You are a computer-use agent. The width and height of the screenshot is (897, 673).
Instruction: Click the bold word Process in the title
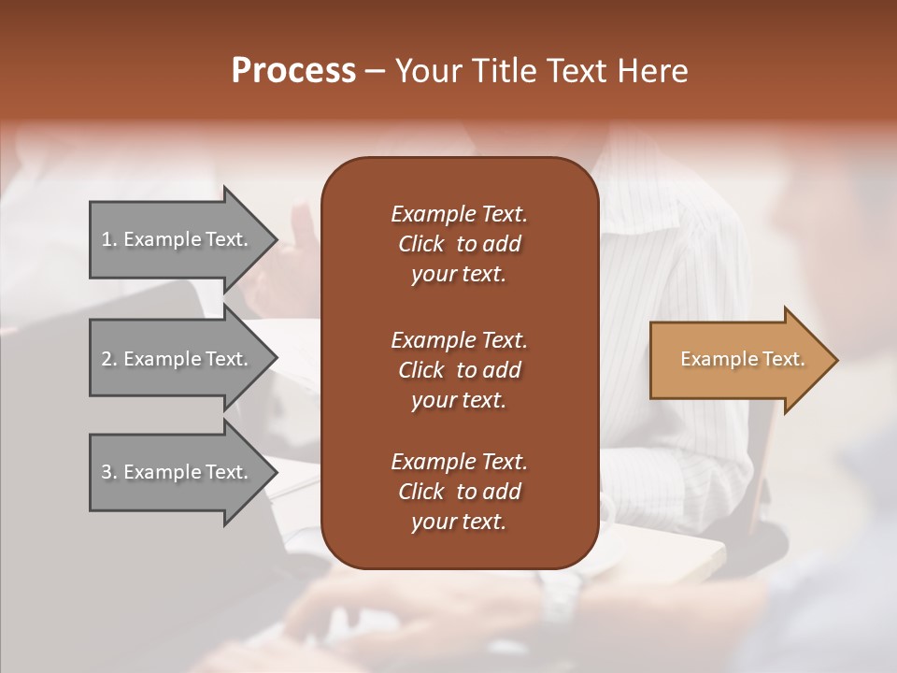tap(293, 71)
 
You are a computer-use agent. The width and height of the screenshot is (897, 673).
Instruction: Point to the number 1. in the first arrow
tap(110, 239)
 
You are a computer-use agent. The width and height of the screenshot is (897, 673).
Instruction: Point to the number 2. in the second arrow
tap(110, 359)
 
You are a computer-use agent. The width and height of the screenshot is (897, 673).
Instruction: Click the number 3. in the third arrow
tap(110, 472)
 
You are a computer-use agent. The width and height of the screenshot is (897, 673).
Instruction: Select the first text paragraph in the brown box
tap(459, 244)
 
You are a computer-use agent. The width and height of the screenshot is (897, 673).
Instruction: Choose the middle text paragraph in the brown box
tap(459, 370)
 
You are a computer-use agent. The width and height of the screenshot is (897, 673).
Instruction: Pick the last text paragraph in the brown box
tap(459, 492)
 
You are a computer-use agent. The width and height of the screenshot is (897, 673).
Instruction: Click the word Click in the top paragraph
tap(421, 244)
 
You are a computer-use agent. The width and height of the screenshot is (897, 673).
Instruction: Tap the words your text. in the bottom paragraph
tap(459, 522)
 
